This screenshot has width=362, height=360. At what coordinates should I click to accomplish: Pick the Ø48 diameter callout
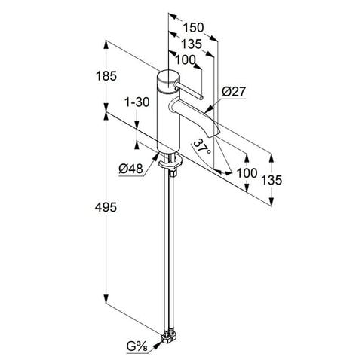click(131, 169)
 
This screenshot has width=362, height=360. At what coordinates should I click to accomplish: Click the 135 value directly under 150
click(192, 44)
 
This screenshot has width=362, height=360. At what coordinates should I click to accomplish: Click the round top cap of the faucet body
click(167, 78)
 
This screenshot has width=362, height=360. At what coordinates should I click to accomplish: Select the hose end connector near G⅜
click(170, 336)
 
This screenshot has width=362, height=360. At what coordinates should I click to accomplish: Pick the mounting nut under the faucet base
click(171, 160)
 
